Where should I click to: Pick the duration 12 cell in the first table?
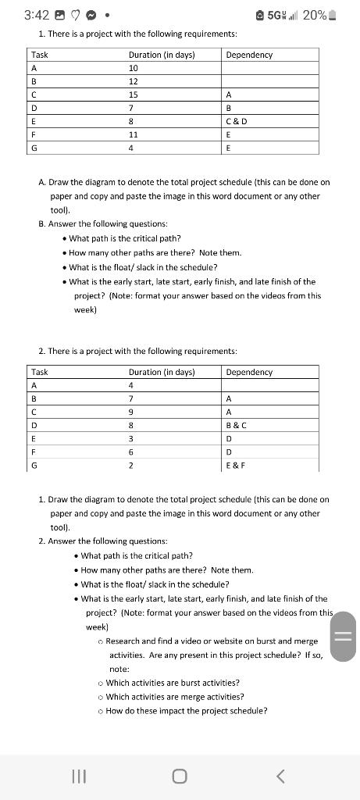(x=133, y=81)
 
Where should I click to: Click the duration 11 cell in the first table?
(x=133, y=134)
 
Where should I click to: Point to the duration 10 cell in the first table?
(x=133, y=68)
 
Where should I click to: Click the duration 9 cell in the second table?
(x=131, y=412)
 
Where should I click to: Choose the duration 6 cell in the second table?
(x=131, y=452)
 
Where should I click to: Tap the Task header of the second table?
(x=39, y=372)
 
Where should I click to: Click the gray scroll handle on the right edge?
(x=344, y=636)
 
